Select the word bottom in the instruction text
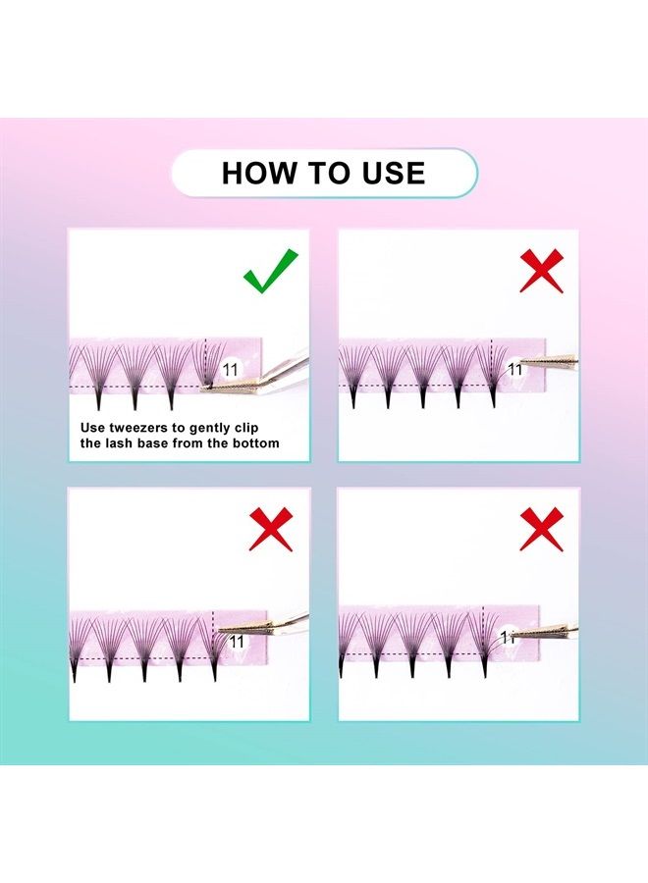[x=253, y=443]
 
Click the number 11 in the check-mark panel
[x=231, y=369]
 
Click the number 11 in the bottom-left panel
[x=236, y=640]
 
